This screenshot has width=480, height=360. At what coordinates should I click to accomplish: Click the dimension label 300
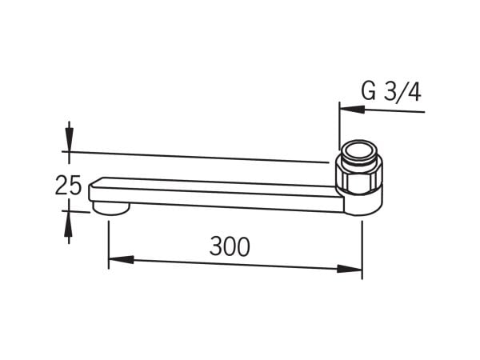click(x=230, y=246)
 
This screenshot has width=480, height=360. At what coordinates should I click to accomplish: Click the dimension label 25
click(x=68, y=185)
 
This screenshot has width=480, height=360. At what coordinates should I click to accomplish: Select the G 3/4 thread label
click(x=391, y=91)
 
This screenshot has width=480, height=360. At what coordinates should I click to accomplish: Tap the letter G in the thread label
click(x=368, y=91)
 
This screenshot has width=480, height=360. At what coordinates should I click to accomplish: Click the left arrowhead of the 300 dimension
click(x=122, y=260)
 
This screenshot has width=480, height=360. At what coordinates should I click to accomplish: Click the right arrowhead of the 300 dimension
click(x=350, y=269)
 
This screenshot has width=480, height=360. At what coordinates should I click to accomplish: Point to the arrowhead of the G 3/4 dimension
click(x=352, y=110)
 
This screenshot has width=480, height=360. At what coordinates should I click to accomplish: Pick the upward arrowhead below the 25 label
click(x=69, y=223)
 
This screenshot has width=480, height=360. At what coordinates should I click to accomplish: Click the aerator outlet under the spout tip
click(x=111, y=208)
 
